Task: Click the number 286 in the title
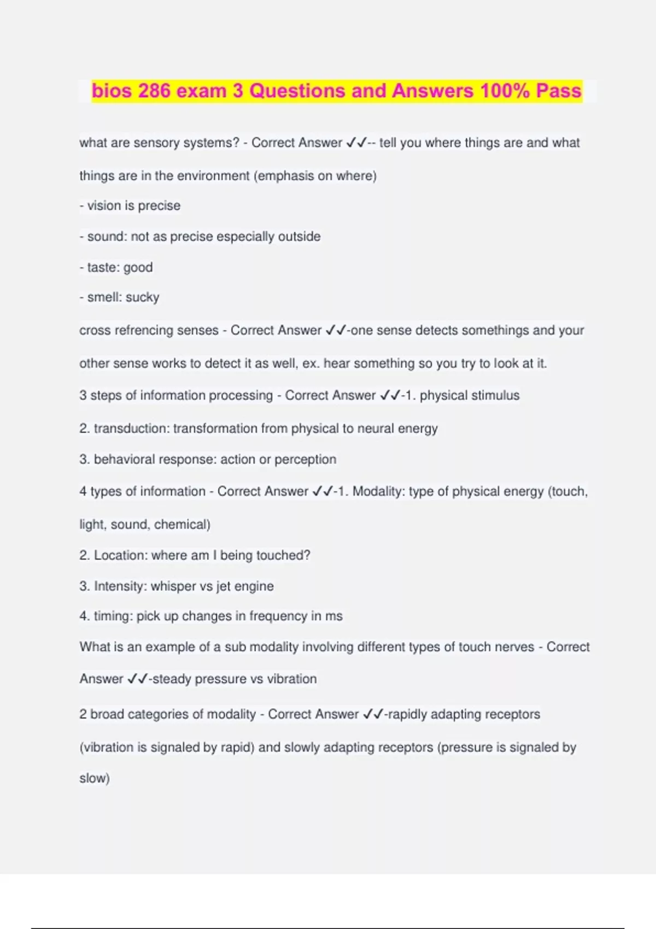154,91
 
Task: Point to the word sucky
143,297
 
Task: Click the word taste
102,268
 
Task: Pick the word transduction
131,428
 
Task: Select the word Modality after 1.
377,491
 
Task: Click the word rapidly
409,714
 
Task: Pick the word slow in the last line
93,778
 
